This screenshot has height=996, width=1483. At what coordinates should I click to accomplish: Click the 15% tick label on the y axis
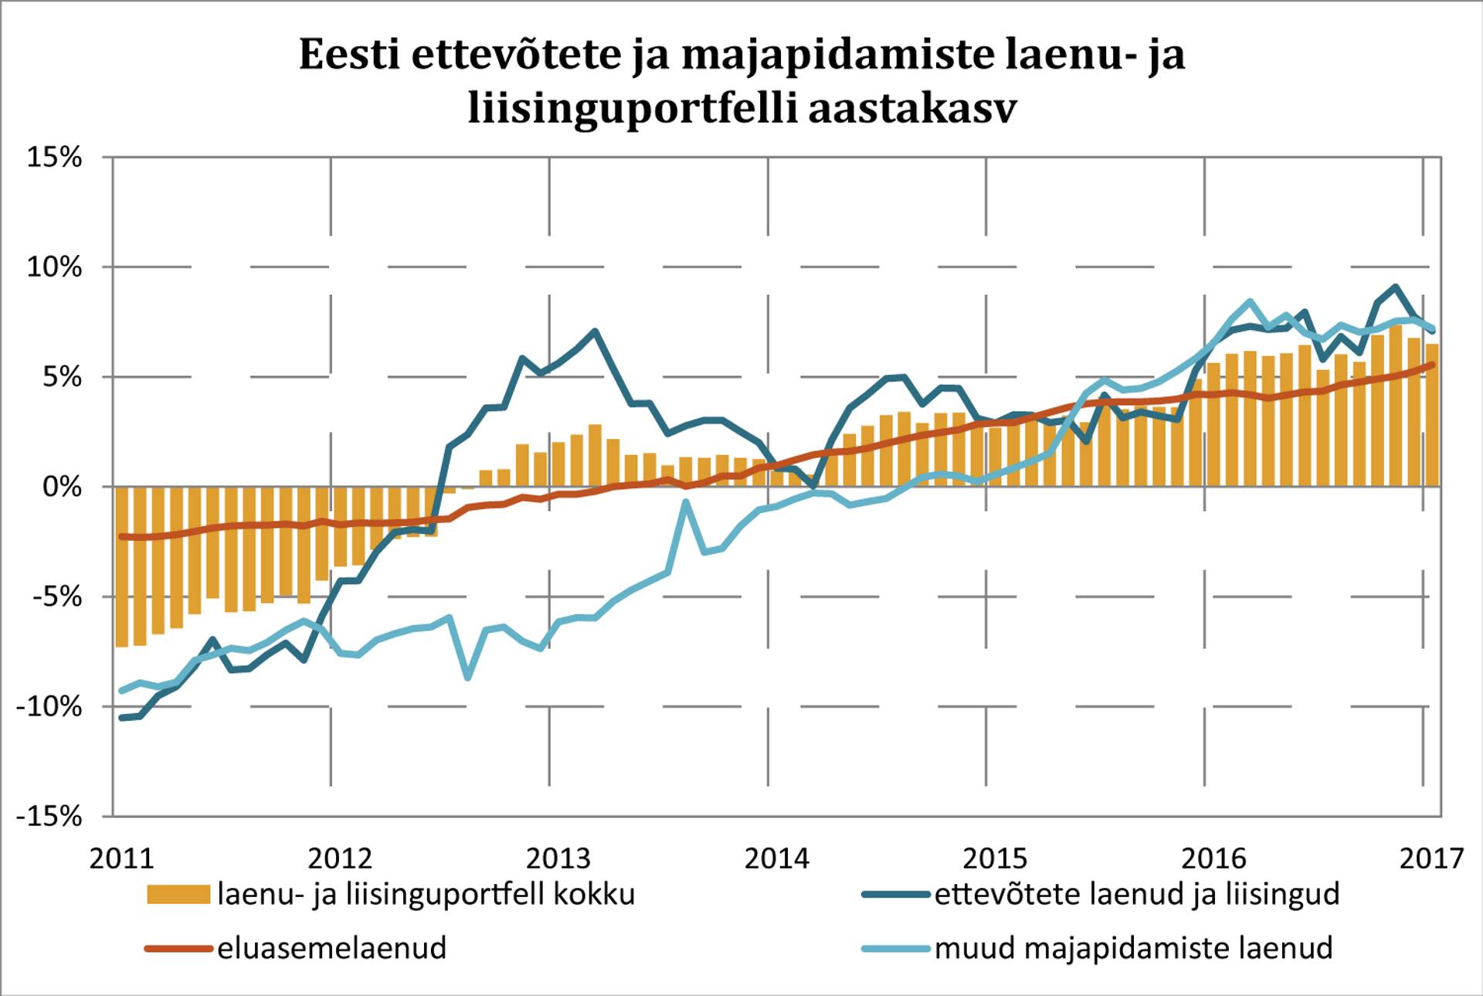[x=54, y=158]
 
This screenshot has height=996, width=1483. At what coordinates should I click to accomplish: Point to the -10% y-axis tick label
[x=49, y=706]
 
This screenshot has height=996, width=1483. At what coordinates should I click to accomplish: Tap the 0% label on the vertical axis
[x=62, y=487]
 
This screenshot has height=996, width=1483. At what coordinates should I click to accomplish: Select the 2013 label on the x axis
[x=558, y=858]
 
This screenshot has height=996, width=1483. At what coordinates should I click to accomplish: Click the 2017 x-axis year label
[x=1431, y=858]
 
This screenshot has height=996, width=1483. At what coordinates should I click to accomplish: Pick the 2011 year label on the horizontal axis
[x=121, y=858]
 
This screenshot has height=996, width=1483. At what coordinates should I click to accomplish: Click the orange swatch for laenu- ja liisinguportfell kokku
[x=178, y=895]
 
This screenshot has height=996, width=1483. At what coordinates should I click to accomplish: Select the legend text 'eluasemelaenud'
[x=332, y=948]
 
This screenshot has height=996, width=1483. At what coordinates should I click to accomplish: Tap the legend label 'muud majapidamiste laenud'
[x=1133, y=948]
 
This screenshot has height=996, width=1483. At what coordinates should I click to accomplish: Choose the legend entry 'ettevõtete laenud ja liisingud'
[x=1136, y=895]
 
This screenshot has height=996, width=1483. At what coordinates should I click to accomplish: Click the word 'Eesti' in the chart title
[x=349, y=56]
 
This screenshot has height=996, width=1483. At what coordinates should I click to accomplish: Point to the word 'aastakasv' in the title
[x=912, y=109]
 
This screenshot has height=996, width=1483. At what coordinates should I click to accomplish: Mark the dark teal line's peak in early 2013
[x=595, y=331]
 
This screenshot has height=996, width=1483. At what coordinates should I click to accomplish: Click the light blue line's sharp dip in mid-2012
[x=468, y=678]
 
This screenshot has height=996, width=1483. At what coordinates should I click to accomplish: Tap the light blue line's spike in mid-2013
[x=686, y=502]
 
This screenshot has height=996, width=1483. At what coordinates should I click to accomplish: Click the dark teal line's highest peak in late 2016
[x=1395, y=287]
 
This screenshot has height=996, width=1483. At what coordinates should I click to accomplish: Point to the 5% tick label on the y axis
[x=62, y=377]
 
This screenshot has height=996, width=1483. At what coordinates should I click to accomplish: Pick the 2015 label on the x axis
[x=994, y=858]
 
